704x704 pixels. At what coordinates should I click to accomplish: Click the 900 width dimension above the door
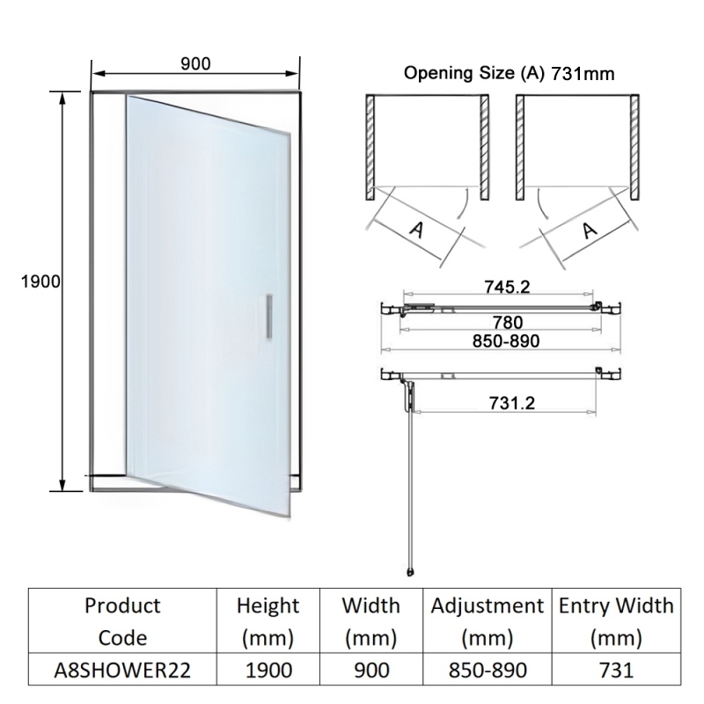point(195,63)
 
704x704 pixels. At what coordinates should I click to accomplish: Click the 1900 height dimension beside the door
point(38,282)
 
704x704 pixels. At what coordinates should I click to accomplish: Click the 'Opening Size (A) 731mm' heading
point(509,73)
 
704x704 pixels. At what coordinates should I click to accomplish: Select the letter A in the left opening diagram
point(418,231)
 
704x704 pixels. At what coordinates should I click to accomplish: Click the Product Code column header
point(122,621)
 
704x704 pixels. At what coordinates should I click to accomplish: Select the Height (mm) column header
point(268,621)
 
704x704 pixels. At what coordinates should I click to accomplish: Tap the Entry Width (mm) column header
point(616,621)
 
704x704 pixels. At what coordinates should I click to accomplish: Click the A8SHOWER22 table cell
point(122,670)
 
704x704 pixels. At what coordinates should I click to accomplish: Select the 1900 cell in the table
point(268,670)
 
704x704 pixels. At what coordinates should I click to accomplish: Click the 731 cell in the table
point(616,670)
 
